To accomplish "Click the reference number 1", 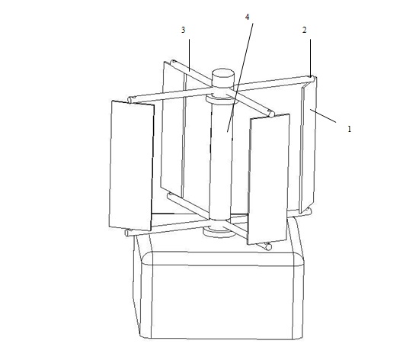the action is [x=349, y=129].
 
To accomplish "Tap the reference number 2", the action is [x=305, y=31].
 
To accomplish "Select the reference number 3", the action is [x=183, y=30].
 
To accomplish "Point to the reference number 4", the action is [x=247, y=17].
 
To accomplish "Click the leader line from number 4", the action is [x=240, y=78].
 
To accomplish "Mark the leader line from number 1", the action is [x=323, y=115].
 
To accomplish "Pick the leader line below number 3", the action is [x=190, y=56].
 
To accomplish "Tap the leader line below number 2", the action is [x=310, y=58].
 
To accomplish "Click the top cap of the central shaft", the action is [x=223, y=73].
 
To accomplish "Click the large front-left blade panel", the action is [x=132, y=166].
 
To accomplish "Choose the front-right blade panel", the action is [x=268, y=179].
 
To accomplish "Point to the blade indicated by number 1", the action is [x=308, y=145].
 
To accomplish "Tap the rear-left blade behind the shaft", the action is [x=173, y=129].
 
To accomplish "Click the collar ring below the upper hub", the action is [x=220, y=101].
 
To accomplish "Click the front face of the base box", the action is [x=222, y=302].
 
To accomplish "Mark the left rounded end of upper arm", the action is [x=130, y=100].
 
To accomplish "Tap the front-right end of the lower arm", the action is [x=269, y=247].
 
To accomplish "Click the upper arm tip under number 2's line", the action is [x=311, y=79].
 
